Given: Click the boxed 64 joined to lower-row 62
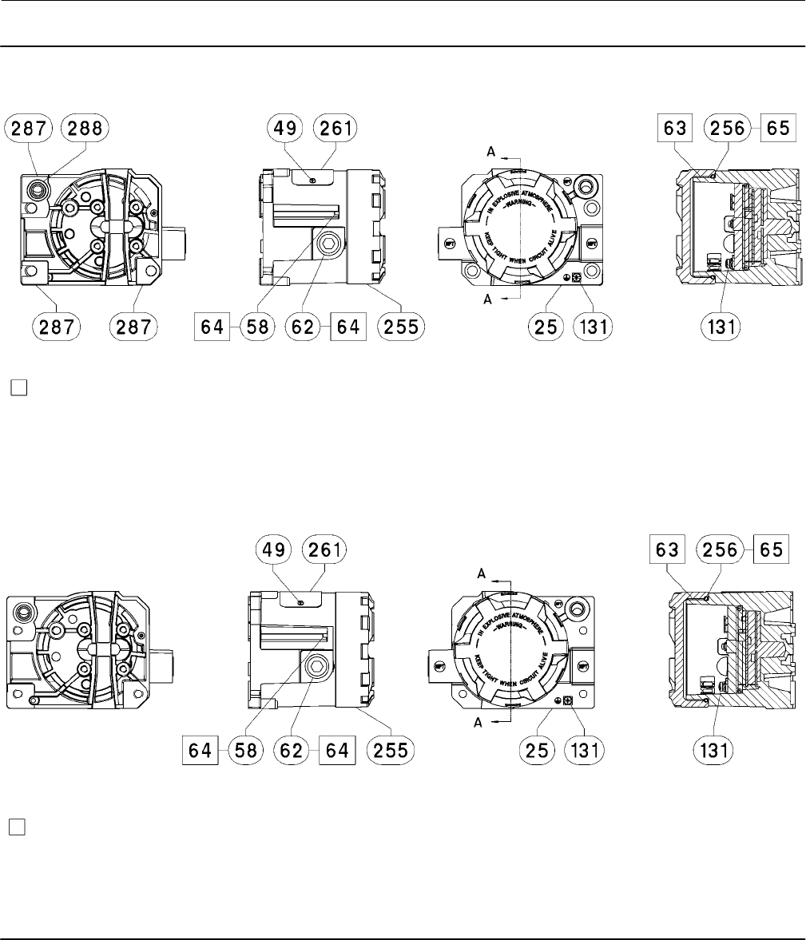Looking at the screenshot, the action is [x=336, y=751].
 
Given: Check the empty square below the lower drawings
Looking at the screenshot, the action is [x=18, y=826].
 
